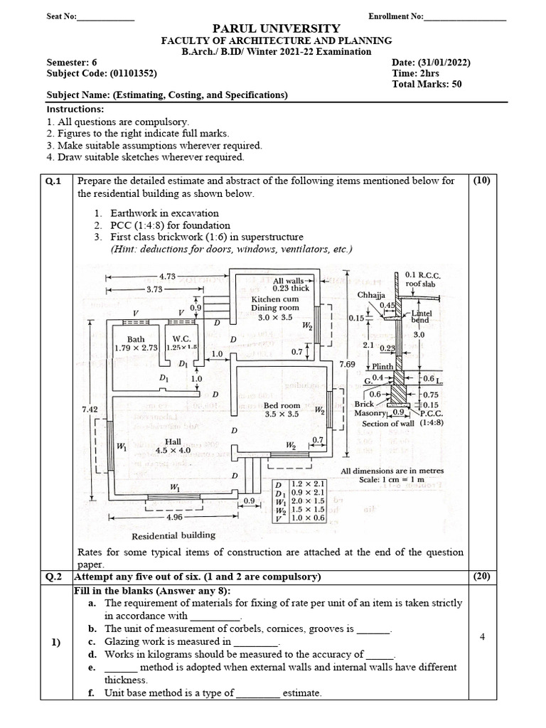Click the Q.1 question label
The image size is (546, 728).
pos(53,181)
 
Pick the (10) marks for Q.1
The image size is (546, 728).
pos(482,181)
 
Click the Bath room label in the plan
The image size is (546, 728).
pos(135,339)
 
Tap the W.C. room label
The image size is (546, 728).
pos(181,339)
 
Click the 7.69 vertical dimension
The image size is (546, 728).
pos(348,365)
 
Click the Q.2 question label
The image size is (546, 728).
pos(53,576)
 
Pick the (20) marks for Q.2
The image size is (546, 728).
pos(482,576)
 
